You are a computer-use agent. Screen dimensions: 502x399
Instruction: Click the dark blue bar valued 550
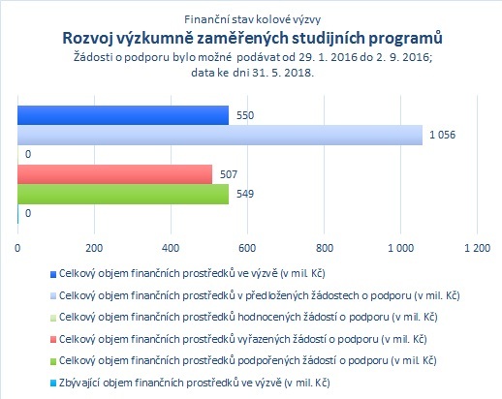point(123,115)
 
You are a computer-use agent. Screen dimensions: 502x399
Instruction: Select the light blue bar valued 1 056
point(220,135)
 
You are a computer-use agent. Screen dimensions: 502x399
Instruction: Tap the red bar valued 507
point(115,174)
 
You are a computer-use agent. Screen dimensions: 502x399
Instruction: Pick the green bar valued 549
point(123,194)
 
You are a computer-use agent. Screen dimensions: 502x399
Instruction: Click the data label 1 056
point(442,135)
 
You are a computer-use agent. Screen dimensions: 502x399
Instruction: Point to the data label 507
point(229,174)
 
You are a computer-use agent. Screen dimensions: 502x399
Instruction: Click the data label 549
point(245,194)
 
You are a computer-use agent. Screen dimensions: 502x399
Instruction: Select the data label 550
point(245,115)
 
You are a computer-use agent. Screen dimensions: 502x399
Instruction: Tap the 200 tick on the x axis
point(94,248)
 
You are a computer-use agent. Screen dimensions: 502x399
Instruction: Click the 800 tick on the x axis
point(324,248)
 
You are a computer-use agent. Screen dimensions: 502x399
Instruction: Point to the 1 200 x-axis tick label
point(477,248)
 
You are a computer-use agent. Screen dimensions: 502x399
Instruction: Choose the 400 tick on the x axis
point(171,248)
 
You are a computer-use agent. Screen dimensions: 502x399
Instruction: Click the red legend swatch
point(53,340)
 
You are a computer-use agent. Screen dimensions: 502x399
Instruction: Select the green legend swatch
point(53,361)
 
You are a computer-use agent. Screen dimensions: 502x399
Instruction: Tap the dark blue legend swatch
point(53,274)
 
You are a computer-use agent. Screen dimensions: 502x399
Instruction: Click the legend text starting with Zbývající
point(195,383)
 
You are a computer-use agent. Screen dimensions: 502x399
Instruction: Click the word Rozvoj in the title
point(87,39)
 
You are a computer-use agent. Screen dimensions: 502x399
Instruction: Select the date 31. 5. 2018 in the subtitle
point(282,73)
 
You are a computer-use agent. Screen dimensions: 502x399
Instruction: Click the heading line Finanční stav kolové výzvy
point(253,19)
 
